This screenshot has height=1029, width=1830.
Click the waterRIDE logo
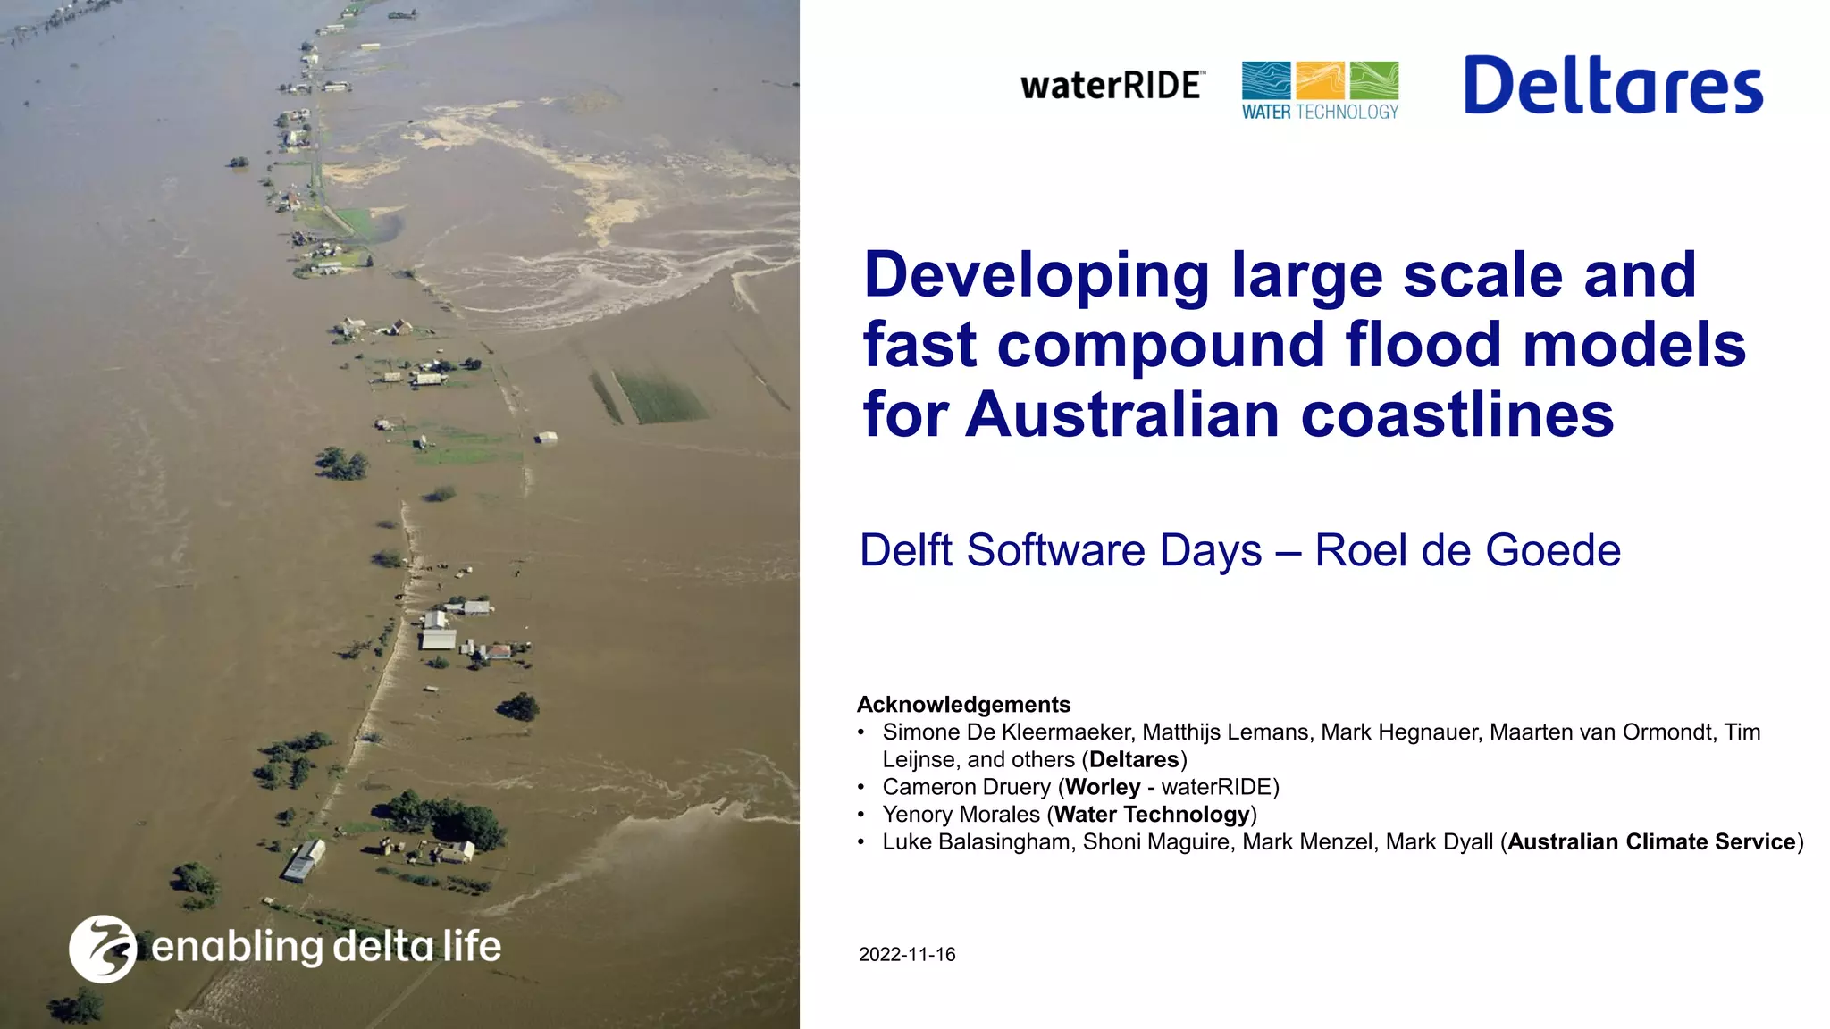[1112, 86]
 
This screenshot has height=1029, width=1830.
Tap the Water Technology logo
[1320, 90]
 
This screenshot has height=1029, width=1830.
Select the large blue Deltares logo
[1613, 86]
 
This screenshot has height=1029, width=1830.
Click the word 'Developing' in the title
[1037, 275]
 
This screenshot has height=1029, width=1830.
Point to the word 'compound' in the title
[1161, 346]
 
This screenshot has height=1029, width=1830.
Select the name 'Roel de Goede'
[1467, 550]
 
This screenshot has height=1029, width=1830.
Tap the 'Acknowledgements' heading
[963, 705]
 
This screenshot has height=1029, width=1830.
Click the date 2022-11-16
[907, 954]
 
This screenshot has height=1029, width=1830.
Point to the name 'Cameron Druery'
[966, 787]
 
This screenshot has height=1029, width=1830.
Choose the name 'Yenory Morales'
[961, 815]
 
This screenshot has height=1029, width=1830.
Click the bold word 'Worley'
[1103, 787]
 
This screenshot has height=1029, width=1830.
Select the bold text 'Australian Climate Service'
[1651, 842]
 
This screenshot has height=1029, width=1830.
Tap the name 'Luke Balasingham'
[977, 842]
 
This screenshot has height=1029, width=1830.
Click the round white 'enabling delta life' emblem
[103, 949]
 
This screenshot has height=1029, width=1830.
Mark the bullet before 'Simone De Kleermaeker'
[861, 732]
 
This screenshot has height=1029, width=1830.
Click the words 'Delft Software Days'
[1061, 550]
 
